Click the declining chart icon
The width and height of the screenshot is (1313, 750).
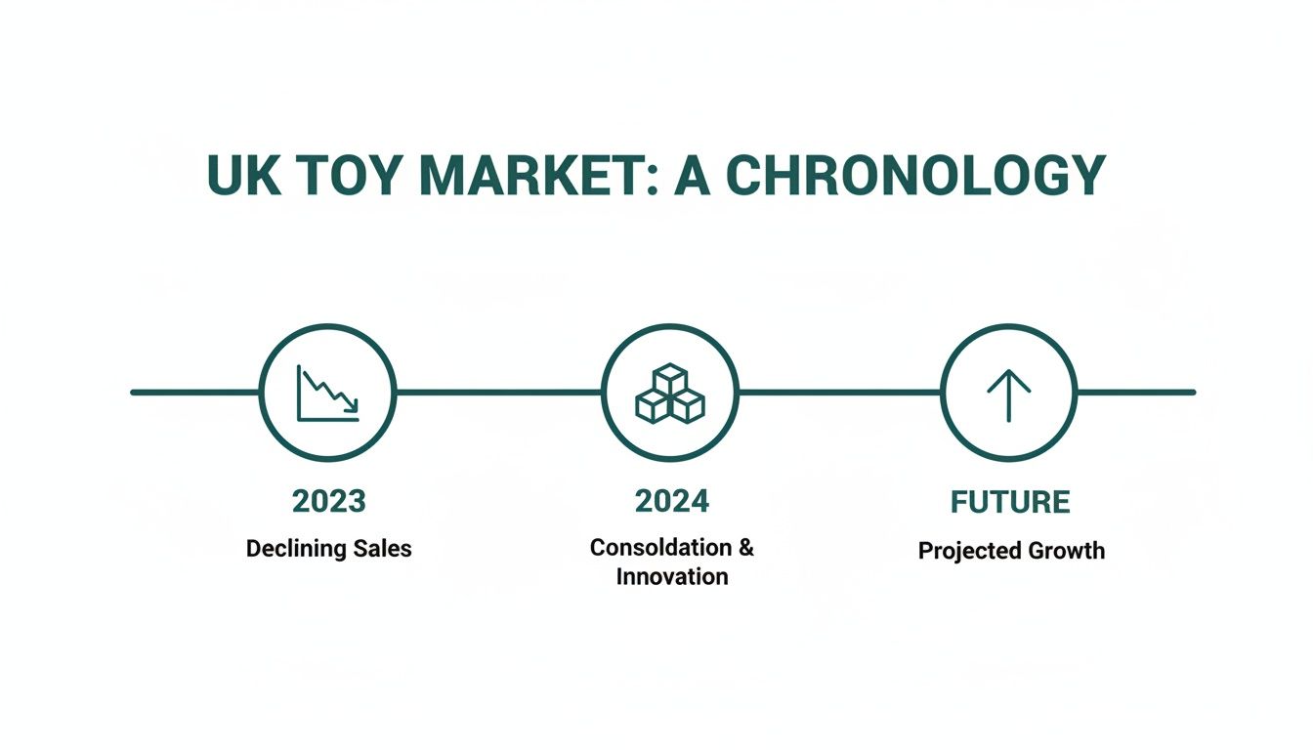tap(327, 393)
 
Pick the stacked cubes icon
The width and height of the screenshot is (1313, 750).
tap(670, 393)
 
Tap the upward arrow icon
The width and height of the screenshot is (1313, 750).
tap(1008, 393)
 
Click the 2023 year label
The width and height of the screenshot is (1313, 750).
tap(328, 501)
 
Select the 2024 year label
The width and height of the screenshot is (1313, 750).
tap(671, 501)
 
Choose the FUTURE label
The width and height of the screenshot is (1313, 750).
tap(1010, 503)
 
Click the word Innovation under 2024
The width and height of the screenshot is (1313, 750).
tap(671, 576)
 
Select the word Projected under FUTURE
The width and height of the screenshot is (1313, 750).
tap(963, 551)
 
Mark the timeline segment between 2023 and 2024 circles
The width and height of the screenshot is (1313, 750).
tap(498, 393)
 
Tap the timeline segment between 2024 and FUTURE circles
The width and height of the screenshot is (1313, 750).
tap(839, 393)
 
